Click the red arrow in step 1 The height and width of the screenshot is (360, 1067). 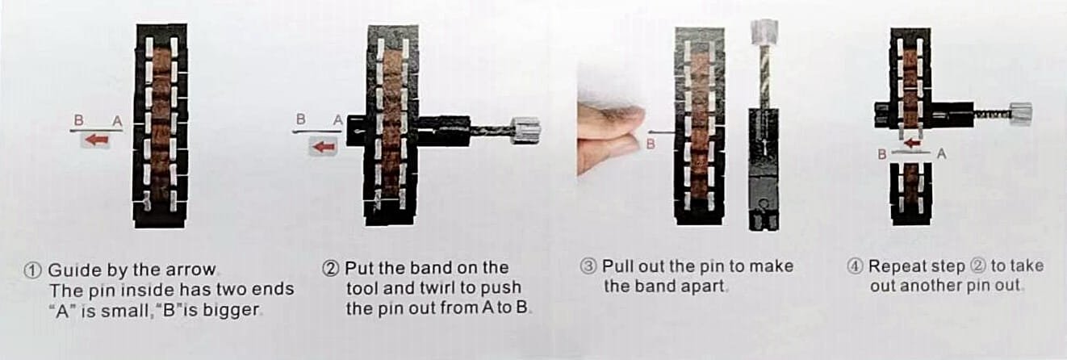(x=98, y=140)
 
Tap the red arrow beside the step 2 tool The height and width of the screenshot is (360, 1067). (x=324, y=147)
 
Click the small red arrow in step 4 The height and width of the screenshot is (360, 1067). (x=912, y=143)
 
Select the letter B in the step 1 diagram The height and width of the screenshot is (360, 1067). (x=79, y=120)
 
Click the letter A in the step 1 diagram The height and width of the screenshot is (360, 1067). (x=117, y=121)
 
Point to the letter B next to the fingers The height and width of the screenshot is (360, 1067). (x=651, y=144)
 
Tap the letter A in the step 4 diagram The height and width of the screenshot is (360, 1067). (x=941, y=154)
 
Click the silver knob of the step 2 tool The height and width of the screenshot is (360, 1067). (x=526, y=130)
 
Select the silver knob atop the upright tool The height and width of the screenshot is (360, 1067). (x=764, y=32)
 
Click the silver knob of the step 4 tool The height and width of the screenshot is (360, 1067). (x=1020, y=114)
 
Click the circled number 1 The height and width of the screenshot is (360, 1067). (x=33, y=270)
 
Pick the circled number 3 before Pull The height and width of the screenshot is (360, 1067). (x=588, y=266)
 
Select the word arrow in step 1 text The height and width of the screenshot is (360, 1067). (x=190, y=270)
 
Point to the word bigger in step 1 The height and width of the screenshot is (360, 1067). (x=231, y=311)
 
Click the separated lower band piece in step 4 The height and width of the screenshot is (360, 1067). (x=910, y=194)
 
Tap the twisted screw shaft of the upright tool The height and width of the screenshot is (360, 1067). (x=764, y=76)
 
